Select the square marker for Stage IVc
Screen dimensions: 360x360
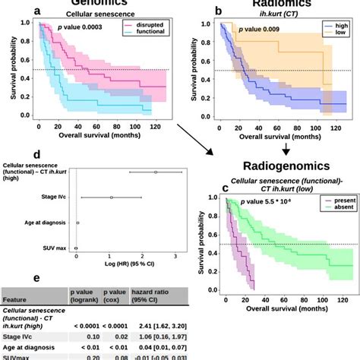pyautogui.click(x=112, y=197)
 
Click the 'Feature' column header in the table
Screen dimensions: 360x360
pyautogui.click(x=20, y=299)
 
